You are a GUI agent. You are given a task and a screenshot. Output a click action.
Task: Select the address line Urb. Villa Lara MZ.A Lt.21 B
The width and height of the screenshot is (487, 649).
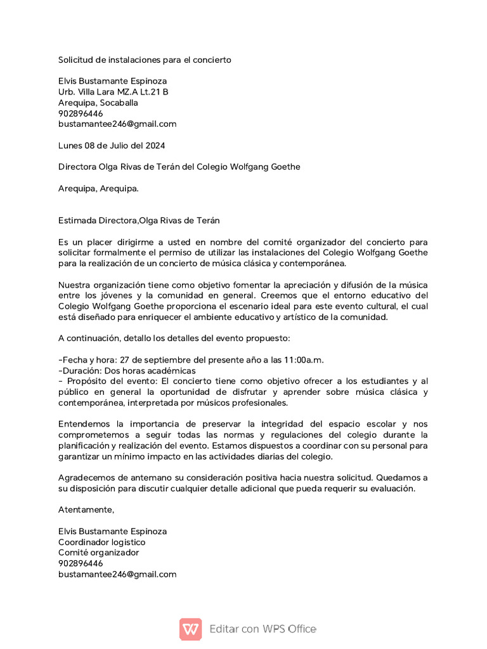tap(113, 92)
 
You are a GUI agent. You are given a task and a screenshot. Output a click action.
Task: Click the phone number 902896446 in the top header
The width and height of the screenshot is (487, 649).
tap(81, 113)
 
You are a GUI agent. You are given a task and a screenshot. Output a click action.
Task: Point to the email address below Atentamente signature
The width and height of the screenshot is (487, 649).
tap(117, 574)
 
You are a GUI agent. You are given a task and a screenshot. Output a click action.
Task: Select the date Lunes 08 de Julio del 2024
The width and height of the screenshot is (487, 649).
tap(112, 145)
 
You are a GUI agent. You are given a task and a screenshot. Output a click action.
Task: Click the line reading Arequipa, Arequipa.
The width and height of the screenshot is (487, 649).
tap(98, 188)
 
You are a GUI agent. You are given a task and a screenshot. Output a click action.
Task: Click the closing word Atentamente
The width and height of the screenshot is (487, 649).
tap(86, 510)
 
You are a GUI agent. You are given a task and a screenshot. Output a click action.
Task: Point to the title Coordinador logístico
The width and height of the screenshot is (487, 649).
tap(101, 542)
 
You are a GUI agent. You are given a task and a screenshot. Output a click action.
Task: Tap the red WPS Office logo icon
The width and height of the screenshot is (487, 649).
tap(190, 629)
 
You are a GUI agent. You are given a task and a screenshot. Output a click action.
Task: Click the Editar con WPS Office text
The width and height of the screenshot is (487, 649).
tap(263, 629)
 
